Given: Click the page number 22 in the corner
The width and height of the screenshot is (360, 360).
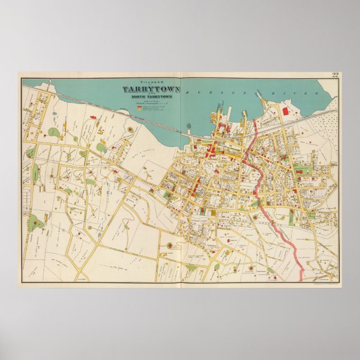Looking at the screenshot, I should point(335,76).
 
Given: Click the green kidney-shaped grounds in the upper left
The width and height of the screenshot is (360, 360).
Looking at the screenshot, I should point(54,132).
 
